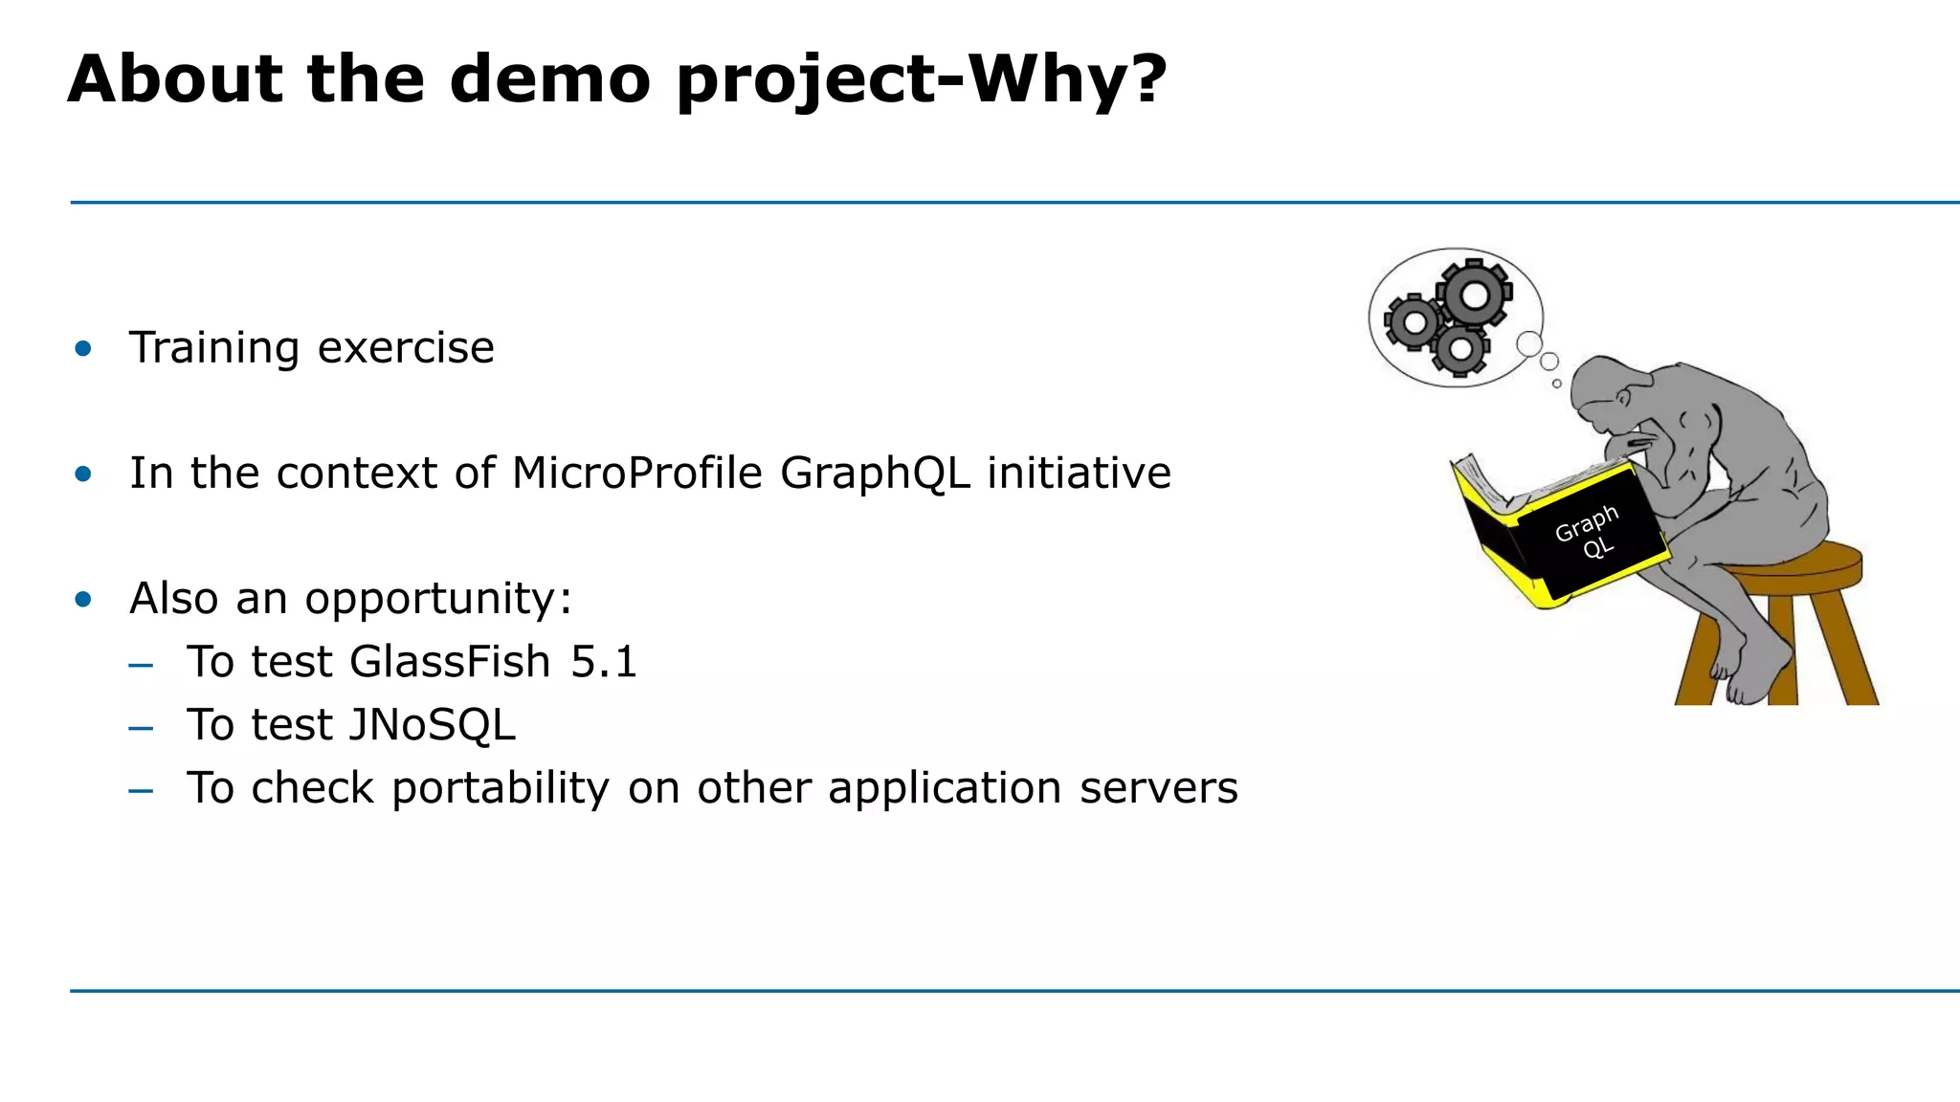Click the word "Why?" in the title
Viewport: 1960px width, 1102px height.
[x=1066, y=78]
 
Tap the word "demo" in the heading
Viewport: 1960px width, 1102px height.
[x=550, y=78]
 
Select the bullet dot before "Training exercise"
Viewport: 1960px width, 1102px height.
[x=83, y=348]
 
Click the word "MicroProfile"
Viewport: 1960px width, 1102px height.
[x=636, y=473]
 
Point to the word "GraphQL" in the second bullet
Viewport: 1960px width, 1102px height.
[x=875, y=473]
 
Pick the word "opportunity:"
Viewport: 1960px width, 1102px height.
[x=438, y=600]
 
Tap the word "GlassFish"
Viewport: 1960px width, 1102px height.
[x=450, y=661]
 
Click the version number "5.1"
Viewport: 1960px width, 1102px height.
[x=604, y=661]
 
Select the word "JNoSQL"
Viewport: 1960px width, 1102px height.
[x=432, y=724]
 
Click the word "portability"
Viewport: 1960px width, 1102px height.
[x=500, y=788]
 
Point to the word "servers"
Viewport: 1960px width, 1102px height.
[x=1158, y=788]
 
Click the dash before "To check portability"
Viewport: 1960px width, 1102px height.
[x=141, y=790]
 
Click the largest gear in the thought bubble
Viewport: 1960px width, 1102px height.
[x=1475, y=295]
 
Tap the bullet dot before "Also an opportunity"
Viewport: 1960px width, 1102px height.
[x=83, y=600]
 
